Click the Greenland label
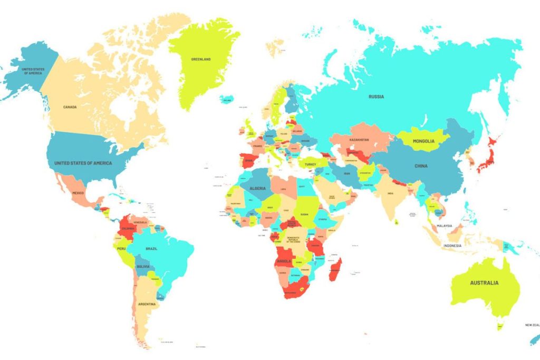[x=200, y=60]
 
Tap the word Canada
[x=70, y=107]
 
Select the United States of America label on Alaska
[x=33, y=71]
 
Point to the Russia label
[x=376, y=96]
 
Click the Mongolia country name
[x=423, y=141]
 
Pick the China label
[x=421, y=166]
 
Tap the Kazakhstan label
[x=359, y=140]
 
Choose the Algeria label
[x=257, y=188]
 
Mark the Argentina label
[x=147, y=304]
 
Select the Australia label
[x=484, y=283]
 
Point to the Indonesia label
[x=452, y=246]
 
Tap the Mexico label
[x=78, y=193]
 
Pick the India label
[x=390, y=193]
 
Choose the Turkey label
[x=310, y=164]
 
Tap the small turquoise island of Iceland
[x=227, y=99]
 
